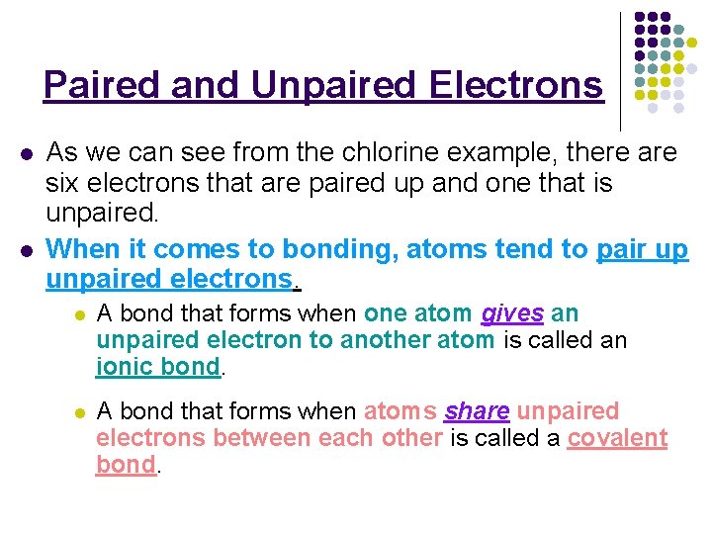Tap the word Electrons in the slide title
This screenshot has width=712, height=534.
click(516, 85)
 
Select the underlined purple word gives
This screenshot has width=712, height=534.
click(512, 314)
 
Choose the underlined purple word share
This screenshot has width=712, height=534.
click(477, 411)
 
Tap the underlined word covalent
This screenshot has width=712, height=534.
click(617, 438)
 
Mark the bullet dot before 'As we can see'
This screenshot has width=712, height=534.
click(26, 154)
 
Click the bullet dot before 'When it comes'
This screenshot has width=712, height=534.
click(26, 250)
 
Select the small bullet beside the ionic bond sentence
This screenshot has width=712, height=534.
click(78, 315)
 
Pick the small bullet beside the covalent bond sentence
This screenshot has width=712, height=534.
click(78, 412)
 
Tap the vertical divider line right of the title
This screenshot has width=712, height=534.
click(620, 69)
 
